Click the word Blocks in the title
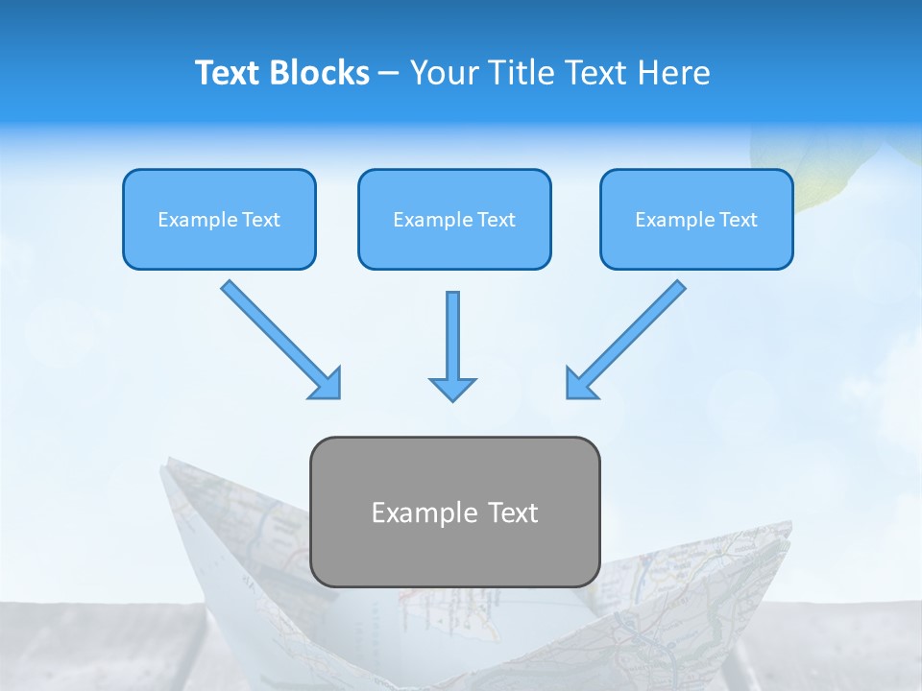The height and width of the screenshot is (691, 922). (x=319, y=73)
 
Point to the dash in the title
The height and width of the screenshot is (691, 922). (x=389, y=74)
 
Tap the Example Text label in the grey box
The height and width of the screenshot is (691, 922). (x=454, y=512)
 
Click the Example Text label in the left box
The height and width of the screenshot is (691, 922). (x=219, y=220)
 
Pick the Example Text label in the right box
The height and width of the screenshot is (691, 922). (x=696, y=220)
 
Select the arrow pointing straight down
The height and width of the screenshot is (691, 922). (x=452, y=336)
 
